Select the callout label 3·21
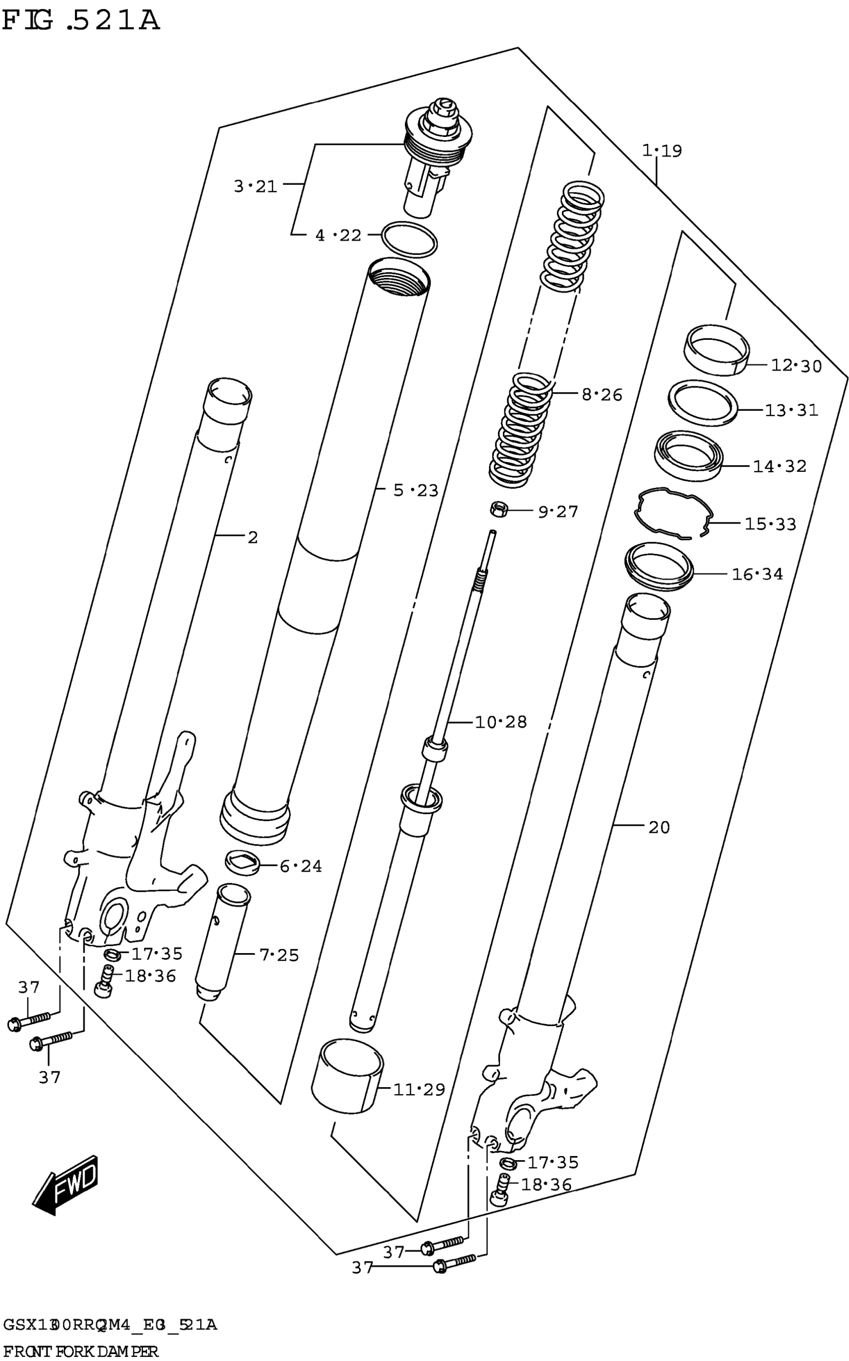click(256, 186)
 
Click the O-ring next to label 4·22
click(410, 241)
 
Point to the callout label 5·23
click(415, 490)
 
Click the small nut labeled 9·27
click(498, 510)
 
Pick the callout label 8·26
click(601, 394)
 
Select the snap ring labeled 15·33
click(673, 513)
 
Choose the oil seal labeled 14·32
click(688, 455)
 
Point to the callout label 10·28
click(501, 722)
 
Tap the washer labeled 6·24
click(243, 862)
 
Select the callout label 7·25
click(279, 955)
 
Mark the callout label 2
click(253, 538)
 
